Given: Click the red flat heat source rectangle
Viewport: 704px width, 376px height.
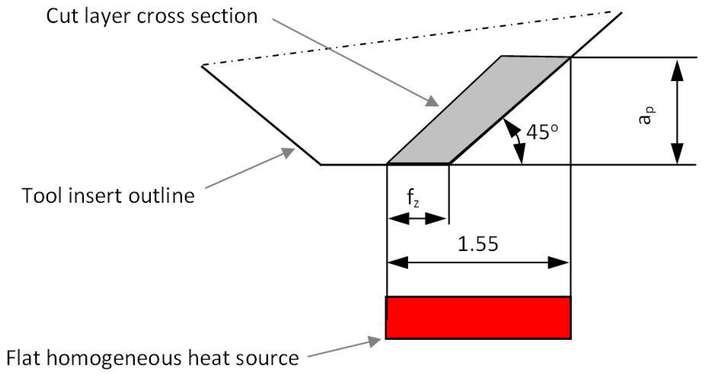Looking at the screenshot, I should click(x=478, y=318).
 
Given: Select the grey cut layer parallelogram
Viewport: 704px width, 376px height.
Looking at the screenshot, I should click(x=478, y=109).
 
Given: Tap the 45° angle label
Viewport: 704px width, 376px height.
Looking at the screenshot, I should click(x=542, y=132).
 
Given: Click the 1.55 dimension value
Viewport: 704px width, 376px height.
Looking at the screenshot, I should click(x=478, y=244).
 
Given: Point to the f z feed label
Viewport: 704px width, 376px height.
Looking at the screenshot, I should click(x=413, y=198).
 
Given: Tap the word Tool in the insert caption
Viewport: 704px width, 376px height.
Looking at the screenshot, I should click(x=44, y=196).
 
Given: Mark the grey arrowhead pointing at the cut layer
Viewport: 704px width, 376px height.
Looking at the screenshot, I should click(x=432, y=102).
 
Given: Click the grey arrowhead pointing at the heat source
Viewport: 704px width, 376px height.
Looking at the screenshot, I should click(x=374, y=341).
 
